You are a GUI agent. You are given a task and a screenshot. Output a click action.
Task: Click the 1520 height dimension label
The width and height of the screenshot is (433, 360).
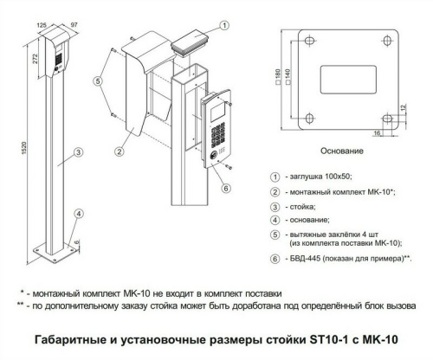(24, 147)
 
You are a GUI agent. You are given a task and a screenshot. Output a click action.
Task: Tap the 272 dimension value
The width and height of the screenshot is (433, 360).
(35, 59)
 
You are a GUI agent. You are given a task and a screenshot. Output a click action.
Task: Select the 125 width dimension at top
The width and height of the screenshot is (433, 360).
(42, 25)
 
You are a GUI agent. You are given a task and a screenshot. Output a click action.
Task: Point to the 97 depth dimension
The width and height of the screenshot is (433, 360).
(74, 24)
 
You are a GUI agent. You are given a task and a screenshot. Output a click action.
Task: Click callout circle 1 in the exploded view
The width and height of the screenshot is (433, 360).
(224, 25)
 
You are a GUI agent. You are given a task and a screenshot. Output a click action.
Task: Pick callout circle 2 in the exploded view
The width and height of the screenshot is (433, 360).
(120, 151)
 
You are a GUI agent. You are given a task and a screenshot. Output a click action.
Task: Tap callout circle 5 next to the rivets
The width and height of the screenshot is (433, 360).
(98, 81)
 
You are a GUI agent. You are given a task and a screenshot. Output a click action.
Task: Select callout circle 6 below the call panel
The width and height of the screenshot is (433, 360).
(226, 188)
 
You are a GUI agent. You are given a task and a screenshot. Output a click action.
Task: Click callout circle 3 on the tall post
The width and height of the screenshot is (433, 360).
(79, 152)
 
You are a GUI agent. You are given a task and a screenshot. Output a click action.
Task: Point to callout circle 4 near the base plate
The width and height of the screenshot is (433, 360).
(79, 214)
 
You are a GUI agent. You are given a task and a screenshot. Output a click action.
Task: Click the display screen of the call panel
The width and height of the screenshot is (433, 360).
(217, 112)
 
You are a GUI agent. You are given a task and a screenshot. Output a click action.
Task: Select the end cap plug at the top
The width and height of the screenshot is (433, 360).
(191, 42)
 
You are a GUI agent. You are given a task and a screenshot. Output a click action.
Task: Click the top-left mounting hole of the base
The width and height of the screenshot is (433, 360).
(310, 41)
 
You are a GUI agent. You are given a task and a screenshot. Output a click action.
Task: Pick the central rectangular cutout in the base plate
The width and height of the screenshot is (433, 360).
(348, 80)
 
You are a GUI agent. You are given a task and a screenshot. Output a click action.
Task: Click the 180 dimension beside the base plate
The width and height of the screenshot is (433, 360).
(278, 77)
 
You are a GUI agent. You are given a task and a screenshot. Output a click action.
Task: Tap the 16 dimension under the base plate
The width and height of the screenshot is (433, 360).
(377, 133)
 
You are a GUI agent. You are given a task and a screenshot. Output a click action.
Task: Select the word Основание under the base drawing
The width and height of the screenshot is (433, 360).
(342, 151)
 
